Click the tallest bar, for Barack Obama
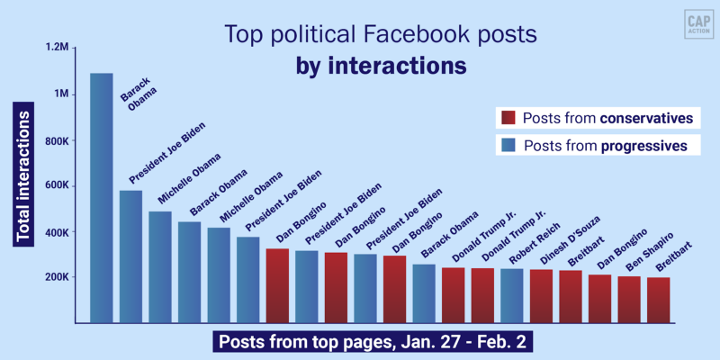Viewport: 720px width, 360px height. pyautogui.click(x=102, y=198)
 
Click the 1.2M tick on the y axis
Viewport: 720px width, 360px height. pyautogui.click(x=55, y=46)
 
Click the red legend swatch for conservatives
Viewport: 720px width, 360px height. pyautogui.click(x=508, y=118)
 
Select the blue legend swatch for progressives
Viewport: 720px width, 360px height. pyautogui.click(x=508, y=145)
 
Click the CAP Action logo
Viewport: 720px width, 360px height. pyautogui.click(x=693, y=22)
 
